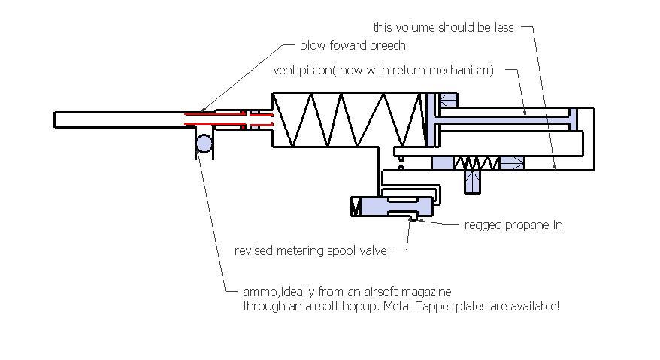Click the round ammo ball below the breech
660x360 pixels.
click(x=204, y=142)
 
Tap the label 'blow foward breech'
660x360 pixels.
click(x=352, y=45)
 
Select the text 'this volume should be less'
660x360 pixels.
click(x=444, y=27)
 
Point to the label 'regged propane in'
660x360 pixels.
click(x=513, y=225)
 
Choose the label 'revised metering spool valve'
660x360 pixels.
click(x=310, y=250)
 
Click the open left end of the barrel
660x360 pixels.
click(x=56, y=119)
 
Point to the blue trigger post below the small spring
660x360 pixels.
click(x=473, y=181)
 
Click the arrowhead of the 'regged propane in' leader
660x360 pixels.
click(x=419, y=221)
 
